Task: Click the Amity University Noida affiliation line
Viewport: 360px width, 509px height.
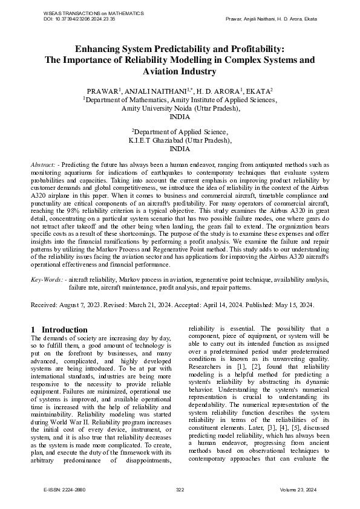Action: point(180,108)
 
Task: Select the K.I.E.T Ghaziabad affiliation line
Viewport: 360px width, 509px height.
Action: point(180,140)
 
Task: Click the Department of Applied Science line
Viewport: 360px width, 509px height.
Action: point(180,131)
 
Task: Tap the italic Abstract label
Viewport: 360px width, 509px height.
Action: point(44,164)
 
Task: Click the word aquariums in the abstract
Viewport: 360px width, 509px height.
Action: point(77,172)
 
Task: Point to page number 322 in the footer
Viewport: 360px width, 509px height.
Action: point(180,489)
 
